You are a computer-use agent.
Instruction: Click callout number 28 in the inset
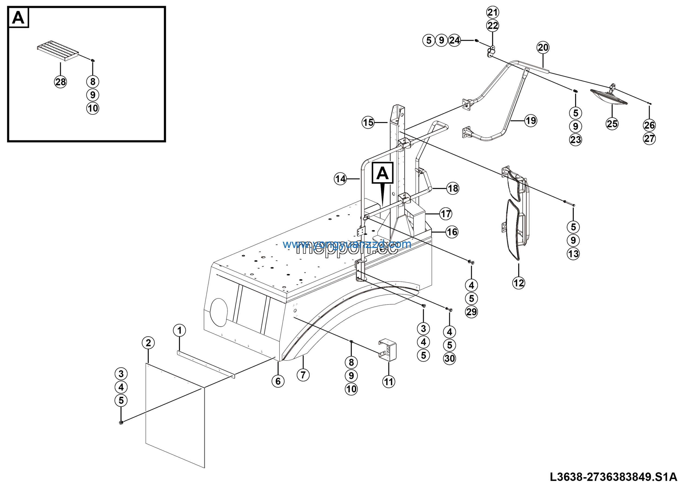[60, 82]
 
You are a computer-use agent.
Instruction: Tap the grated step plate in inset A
[57, 50]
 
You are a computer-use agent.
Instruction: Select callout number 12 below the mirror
[519, 283]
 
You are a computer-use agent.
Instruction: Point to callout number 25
[612, 124]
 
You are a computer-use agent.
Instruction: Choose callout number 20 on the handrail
[543, 47]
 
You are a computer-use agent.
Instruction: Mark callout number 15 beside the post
[368, 123]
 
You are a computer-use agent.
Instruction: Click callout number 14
[340, 179]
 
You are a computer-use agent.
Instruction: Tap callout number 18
[453, 189]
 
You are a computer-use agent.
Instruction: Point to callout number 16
[452, 232]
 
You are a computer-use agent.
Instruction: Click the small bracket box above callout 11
[388, 350]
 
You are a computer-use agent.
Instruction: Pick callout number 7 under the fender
[303, 375]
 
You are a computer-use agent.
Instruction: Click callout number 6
[278, 381]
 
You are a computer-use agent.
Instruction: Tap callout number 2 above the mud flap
[148, 343]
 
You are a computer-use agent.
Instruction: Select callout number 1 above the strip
[179, 330]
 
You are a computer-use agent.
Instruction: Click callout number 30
[449, 359]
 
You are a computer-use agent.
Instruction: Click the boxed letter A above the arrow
[382, 173]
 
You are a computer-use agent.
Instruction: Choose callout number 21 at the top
[493, 12]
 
